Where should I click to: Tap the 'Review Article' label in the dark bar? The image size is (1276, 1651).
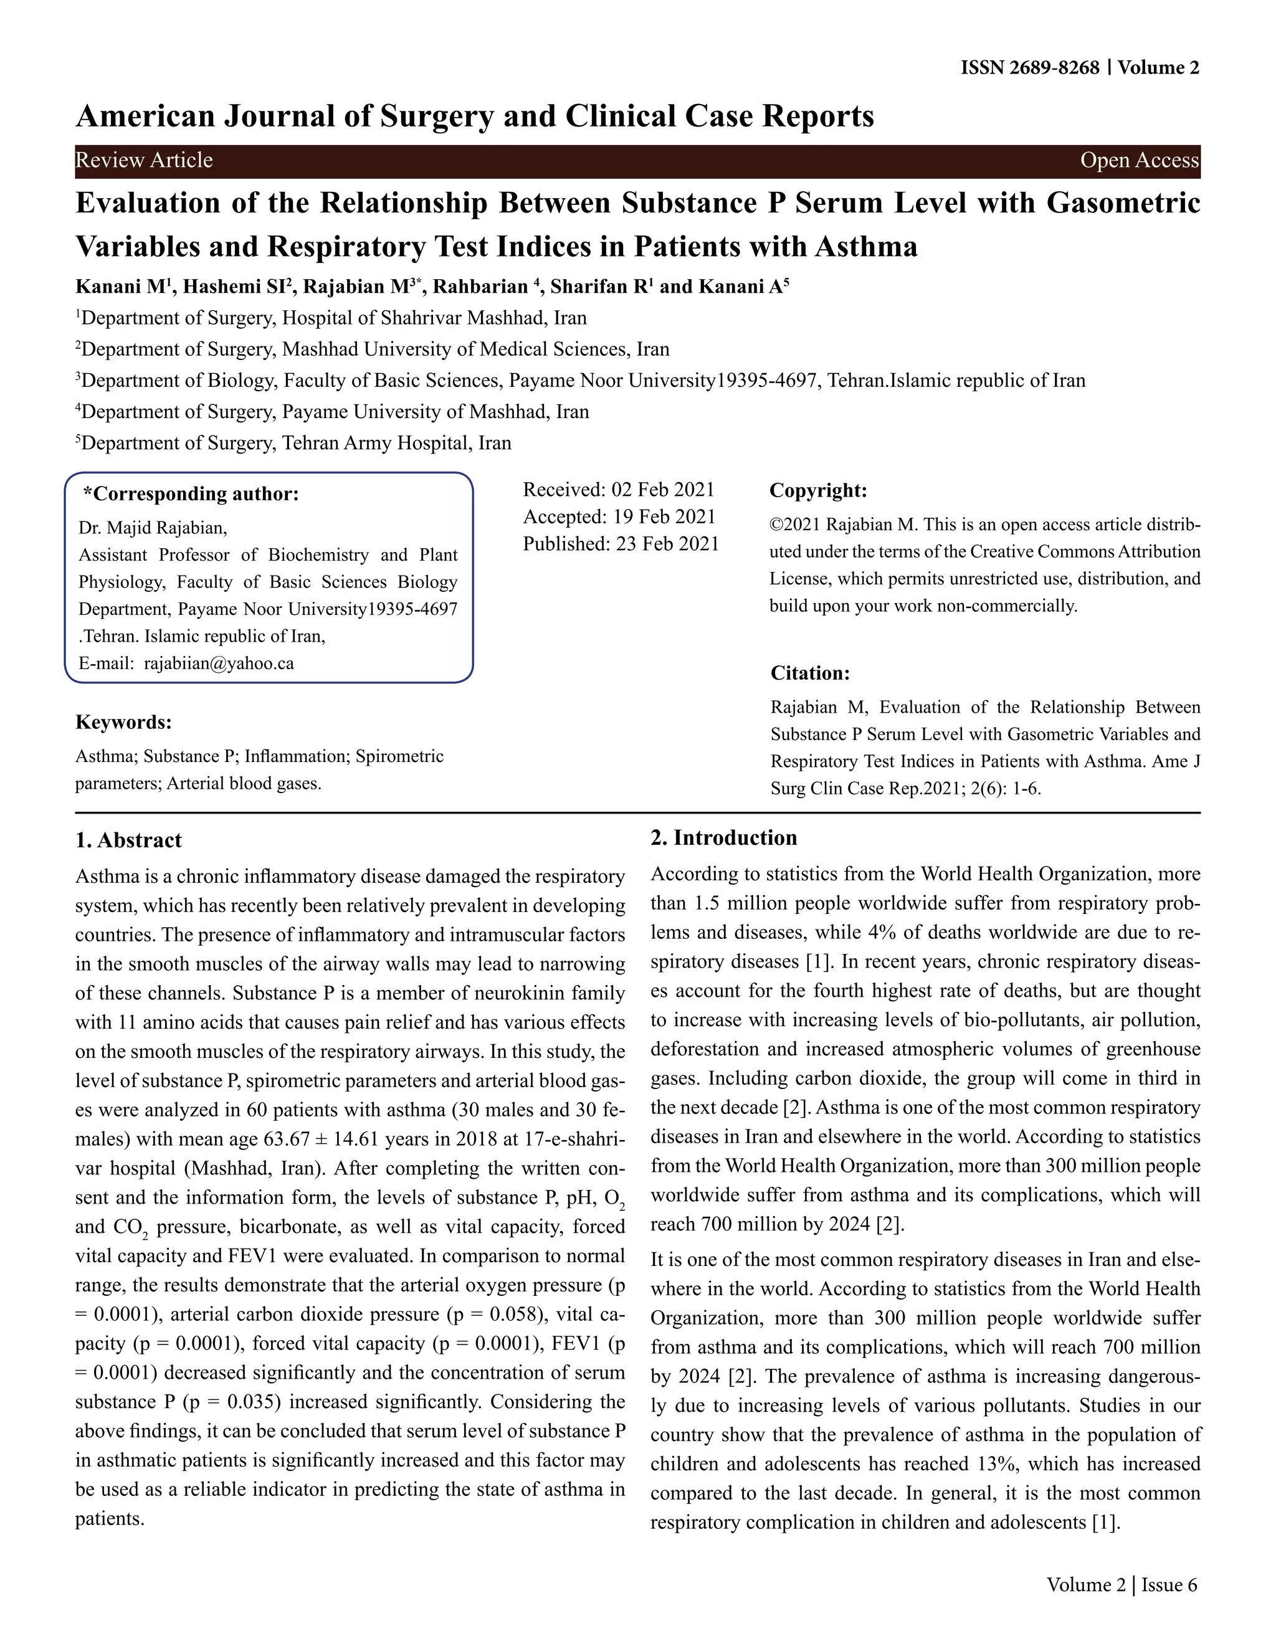[144, 160]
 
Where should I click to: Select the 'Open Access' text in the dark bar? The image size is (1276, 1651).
[1139, 160]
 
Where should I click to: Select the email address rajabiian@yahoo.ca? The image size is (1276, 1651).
[219, 663]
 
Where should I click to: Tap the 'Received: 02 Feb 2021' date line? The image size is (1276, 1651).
[618, 489]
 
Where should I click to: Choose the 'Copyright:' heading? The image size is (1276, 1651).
[817, 490]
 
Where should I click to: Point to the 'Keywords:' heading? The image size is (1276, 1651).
[123, 722]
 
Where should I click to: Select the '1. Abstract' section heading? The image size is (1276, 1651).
[128, 840]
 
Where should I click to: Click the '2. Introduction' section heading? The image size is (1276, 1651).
[723, 837]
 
